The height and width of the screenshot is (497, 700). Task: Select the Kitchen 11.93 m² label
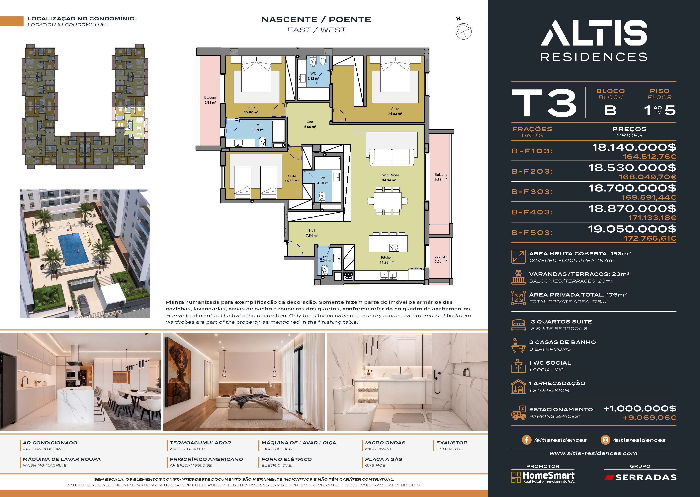[387, 260]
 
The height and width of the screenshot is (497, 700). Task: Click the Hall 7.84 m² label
[312, 233]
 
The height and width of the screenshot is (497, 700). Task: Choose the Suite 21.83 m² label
[395, 111]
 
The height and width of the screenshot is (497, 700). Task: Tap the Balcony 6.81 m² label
[210, 100]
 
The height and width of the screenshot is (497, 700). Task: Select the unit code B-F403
[532, 212]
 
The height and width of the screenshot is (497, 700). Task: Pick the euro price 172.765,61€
[650, 238]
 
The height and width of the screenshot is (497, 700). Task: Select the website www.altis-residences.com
[593, 453]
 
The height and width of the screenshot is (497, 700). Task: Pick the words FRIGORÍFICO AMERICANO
[206, 459]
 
